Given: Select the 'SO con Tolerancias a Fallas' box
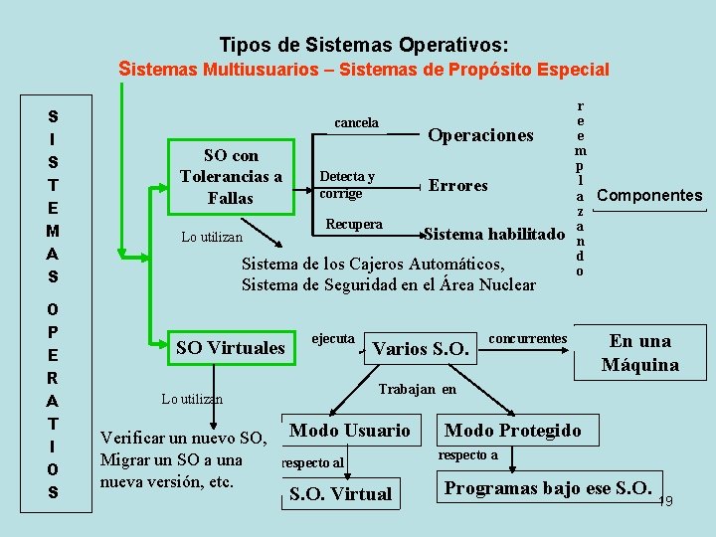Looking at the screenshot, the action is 231,177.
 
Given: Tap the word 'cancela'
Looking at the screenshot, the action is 356,123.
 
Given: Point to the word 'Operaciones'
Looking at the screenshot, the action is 480,135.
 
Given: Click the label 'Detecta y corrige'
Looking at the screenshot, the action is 346,185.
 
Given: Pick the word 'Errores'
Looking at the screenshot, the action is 457,185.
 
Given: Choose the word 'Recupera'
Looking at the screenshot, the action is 354,225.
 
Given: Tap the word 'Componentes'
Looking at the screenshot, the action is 648,196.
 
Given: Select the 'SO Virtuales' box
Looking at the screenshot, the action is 230,348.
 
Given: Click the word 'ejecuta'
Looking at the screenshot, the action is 333,338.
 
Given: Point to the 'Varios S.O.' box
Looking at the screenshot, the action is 419,349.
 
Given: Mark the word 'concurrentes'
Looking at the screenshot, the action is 528,338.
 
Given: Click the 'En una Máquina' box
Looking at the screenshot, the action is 639,353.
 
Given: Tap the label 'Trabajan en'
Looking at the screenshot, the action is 418,389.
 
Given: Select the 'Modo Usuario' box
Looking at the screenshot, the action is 349,431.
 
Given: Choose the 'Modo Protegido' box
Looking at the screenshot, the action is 512,431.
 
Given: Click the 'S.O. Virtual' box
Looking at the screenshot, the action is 340,494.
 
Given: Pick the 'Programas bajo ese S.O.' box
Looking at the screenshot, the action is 546,488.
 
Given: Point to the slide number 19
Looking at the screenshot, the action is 665,502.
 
